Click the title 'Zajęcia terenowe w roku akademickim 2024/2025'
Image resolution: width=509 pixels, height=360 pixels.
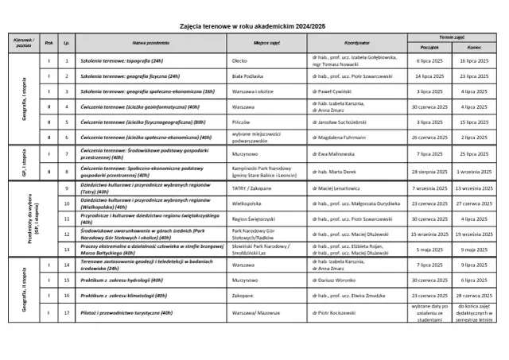[253, 26]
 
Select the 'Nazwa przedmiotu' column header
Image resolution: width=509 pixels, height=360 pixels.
[150, 42]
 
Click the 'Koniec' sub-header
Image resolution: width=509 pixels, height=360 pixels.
[474, 47]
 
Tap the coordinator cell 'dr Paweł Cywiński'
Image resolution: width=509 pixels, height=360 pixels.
[338, 91]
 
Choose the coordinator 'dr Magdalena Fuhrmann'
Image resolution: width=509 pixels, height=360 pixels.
[344, 137]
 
